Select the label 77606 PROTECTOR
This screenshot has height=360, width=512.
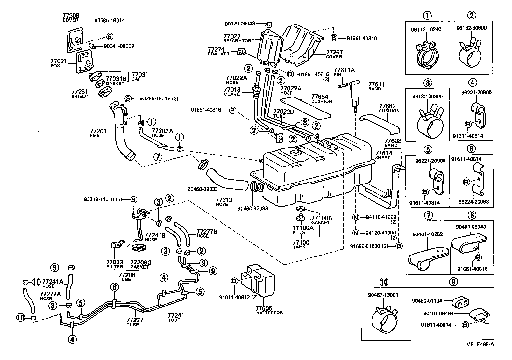[268, 310]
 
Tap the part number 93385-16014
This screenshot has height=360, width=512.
[110, 21]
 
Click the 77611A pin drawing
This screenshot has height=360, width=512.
[343, 85]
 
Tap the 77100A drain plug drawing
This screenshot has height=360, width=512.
[300, 218]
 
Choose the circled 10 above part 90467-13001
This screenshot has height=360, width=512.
[384, 282]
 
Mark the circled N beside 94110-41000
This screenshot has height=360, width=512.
[356, 218]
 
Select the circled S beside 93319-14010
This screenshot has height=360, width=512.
[133, 199]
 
